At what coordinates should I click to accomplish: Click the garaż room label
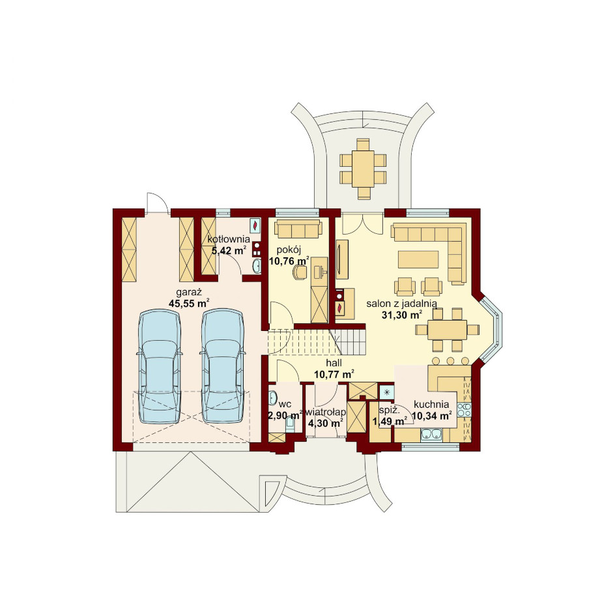[x=189, y=293]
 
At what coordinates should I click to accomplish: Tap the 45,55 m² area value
[x=189, y=303]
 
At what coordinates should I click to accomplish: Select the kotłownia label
[x=229, y=239]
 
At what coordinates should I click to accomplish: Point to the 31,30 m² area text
[x=402, y=314]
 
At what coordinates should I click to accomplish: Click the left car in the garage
[x=160, y=366]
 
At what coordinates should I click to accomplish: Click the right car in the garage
[x=222, y=366]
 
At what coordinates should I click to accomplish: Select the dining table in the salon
[x=447, y=330]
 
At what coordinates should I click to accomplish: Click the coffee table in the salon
[x=418, y=259]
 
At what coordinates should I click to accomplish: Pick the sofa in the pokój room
[x=298, y=229]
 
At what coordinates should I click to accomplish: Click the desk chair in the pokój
[x=300, y=272]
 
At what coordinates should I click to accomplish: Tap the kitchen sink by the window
[x=431, y=434]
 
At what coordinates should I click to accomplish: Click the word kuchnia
[x=431, y=405]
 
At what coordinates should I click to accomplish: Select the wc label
[x=285, y=405]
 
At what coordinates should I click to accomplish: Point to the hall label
[x=334, y=363]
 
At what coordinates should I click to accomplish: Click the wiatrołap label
[x=326, y=412]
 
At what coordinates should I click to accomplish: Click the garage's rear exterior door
[x=158, y=203]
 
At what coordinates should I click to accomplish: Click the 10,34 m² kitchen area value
[x=431, y=416]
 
